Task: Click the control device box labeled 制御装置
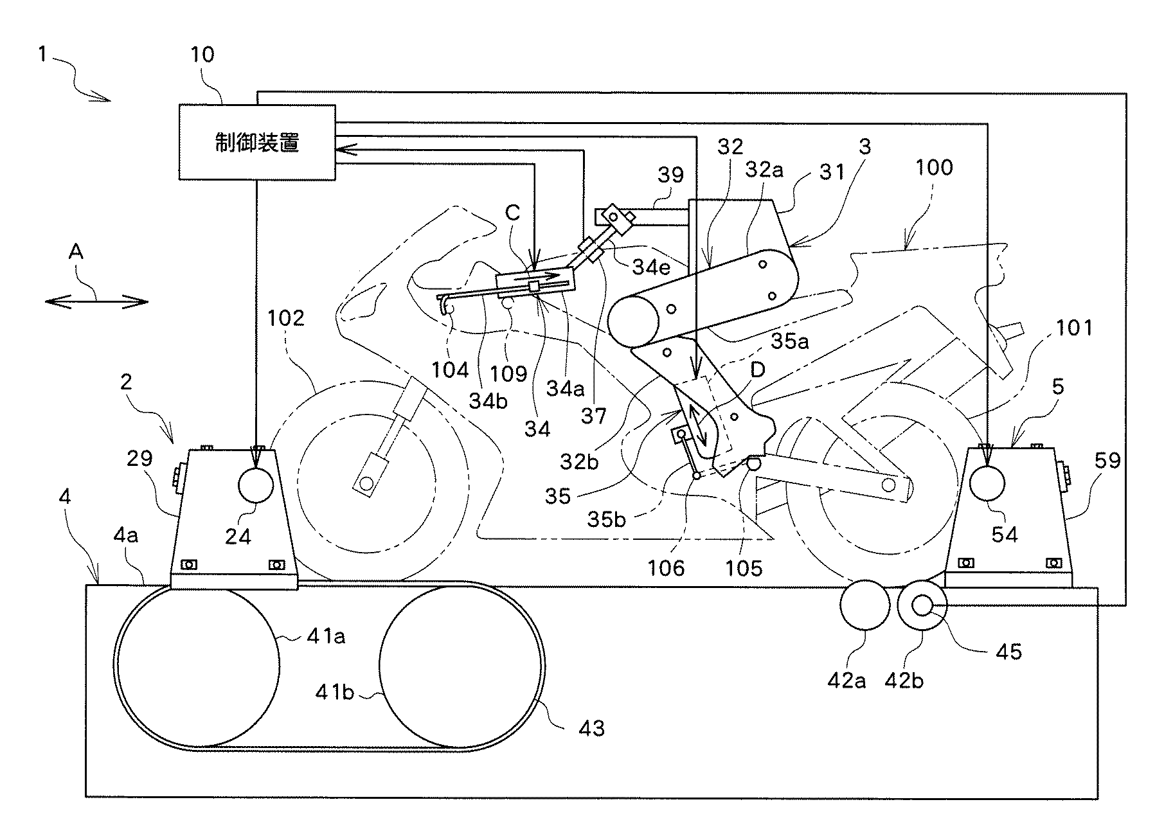tap(257, 142)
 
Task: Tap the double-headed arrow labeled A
tap(97, 301)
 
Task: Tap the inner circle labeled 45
tap(923, 605)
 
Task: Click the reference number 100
tap(934, 168)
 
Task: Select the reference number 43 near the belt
tap(591, 728)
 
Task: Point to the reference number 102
tap(285, 317)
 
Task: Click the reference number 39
tap(670, 175)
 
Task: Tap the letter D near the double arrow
tap(758, 370)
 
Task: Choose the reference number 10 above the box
tap(202, 55)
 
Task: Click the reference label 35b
tap(606, 519)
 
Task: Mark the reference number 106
tap(667, 567)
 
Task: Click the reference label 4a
tap(126, 535)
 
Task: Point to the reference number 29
tap(139, 458)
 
